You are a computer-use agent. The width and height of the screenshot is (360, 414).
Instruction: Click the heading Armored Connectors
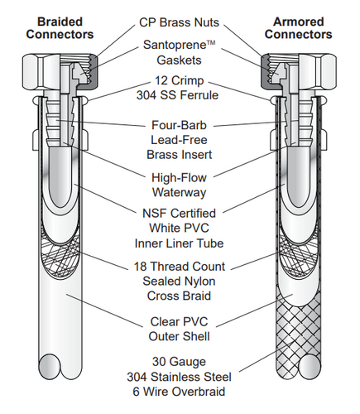(300, 27)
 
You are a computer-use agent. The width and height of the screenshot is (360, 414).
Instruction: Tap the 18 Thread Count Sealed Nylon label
(180, 280)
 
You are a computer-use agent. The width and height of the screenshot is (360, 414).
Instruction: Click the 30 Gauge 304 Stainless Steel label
(180, 376)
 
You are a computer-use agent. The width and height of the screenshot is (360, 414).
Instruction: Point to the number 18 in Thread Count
(142, 267)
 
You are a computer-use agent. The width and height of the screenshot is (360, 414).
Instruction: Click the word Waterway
(180, 191)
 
